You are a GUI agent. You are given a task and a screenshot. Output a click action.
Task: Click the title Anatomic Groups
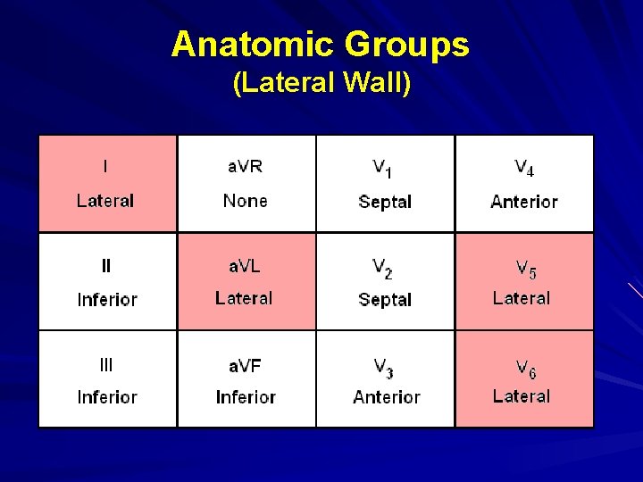click(321, 44)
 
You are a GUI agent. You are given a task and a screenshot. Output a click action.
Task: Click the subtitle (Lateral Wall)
click(321, 83)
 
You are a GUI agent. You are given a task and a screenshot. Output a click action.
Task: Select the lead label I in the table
click(105, 166)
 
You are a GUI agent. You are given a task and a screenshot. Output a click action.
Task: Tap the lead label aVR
click(245, 166)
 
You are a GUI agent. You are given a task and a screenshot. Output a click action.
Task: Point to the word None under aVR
click(245, 201)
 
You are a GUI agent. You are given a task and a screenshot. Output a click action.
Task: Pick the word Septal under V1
click(385, 202)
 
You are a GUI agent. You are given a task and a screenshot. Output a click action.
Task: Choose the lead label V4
click(524, 168)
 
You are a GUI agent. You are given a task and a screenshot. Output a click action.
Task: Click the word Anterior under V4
click(524, 202)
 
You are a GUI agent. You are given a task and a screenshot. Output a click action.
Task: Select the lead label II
click(106, 265)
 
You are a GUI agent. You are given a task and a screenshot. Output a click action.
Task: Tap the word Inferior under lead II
click(107, 300)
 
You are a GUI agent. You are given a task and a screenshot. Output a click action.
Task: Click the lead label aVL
click(245, 265)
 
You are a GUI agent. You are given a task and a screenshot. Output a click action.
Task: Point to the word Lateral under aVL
click(244, 298)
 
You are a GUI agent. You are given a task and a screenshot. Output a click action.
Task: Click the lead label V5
click(525, 268)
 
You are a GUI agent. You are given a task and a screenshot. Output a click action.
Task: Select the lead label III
click(106, 364)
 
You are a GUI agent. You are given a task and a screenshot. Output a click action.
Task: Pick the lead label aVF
click(245, 364)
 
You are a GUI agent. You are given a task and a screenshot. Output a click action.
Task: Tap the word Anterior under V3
click(386, 397)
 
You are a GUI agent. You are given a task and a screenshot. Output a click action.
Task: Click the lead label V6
click(525, 367)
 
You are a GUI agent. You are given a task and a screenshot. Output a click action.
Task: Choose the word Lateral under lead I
click(105, 201)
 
